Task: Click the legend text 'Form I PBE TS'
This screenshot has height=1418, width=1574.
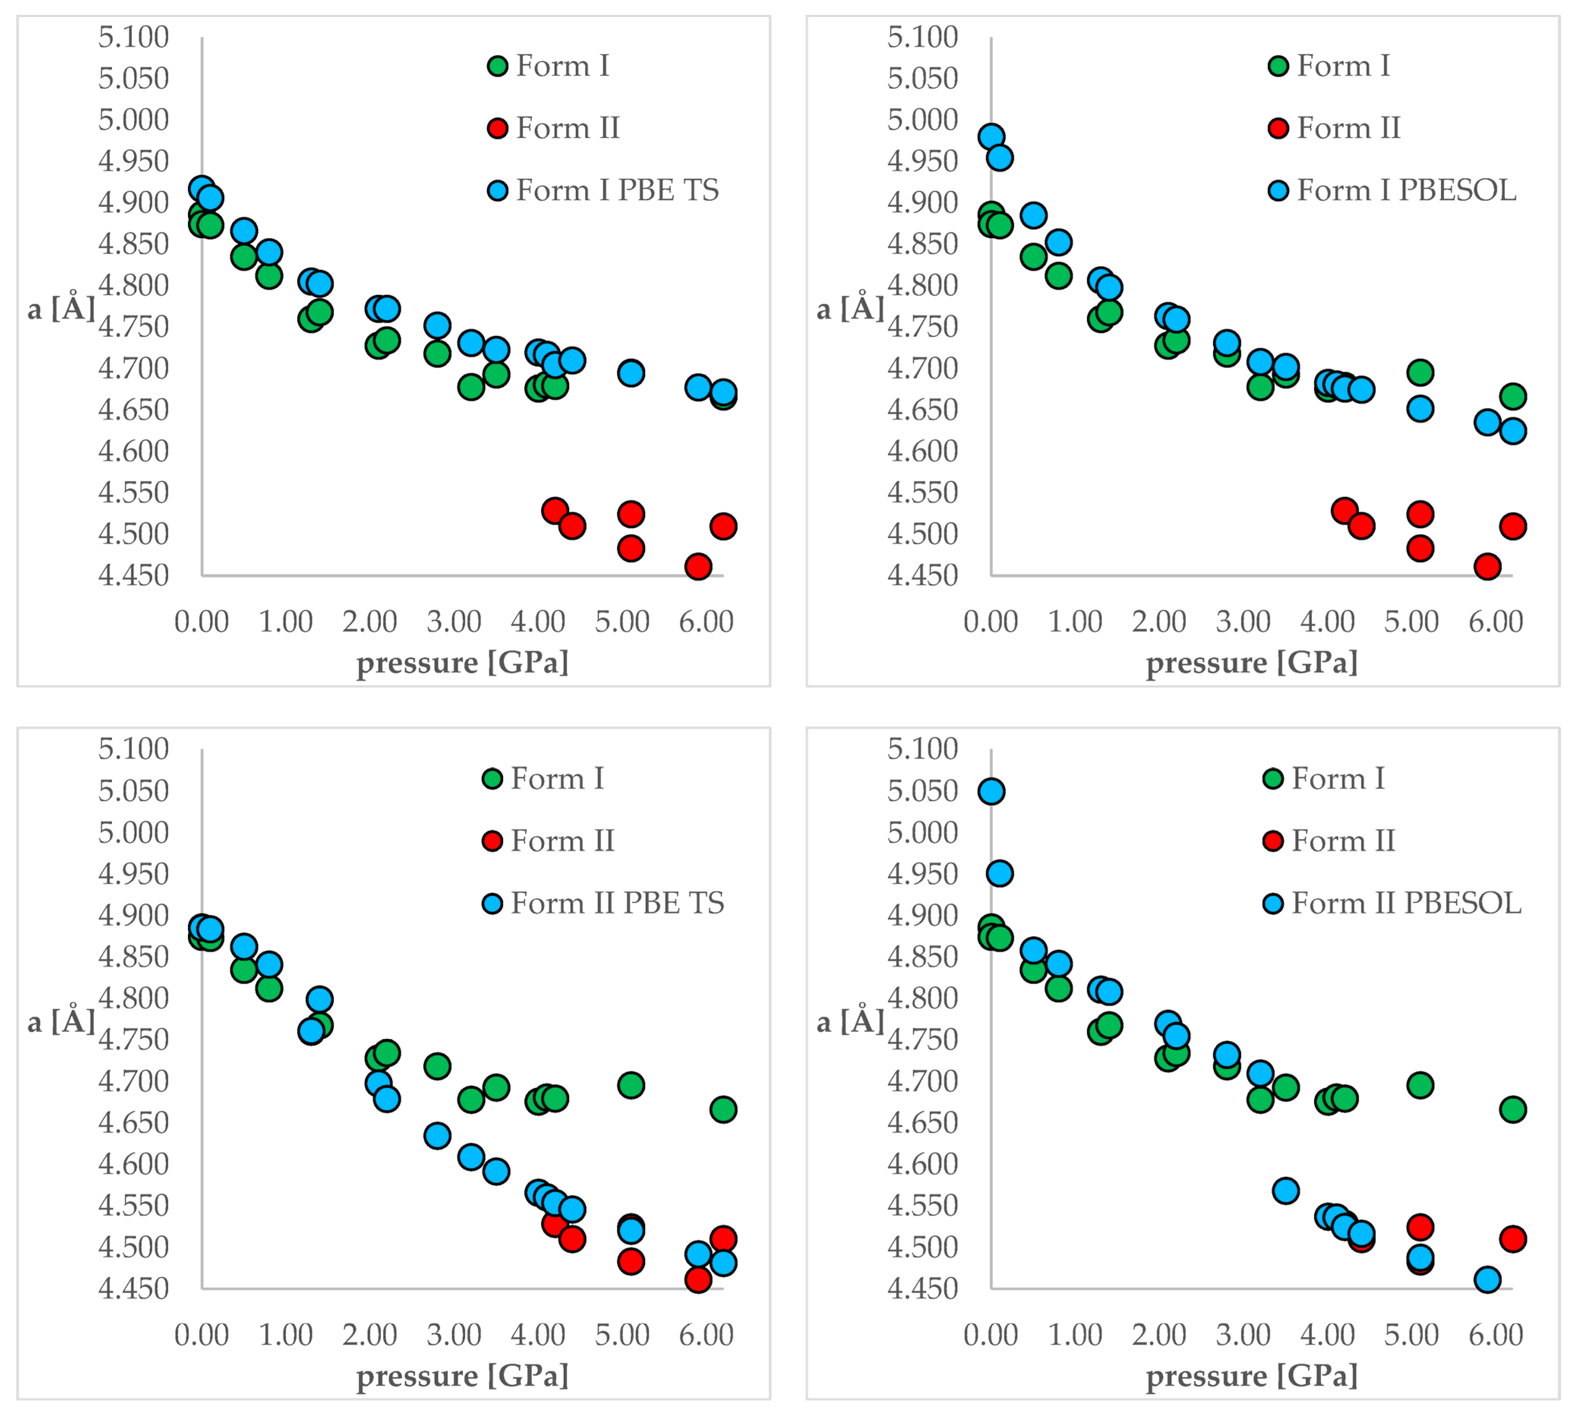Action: [617, 190]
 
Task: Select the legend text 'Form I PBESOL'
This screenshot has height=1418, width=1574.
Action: [1407, 190]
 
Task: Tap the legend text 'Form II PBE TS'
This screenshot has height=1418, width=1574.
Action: [617, 903]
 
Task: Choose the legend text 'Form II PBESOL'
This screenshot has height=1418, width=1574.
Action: [1407, 903]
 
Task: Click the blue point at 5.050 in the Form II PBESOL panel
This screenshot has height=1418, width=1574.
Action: [991, 792]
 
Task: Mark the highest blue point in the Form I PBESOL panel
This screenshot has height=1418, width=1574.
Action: [991, 136]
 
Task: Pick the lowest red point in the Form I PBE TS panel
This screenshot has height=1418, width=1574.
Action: [698, 566]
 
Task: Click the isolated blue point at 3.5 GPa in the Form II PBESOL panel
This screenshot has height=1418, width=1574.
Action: [1286, 1191]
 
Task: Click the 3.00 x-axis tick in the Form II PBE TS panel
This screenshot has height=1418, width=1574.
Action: [454, 1334]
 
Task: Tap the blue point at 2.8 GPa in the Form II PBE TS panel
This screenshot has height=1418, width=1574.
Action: [437, 1136]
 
